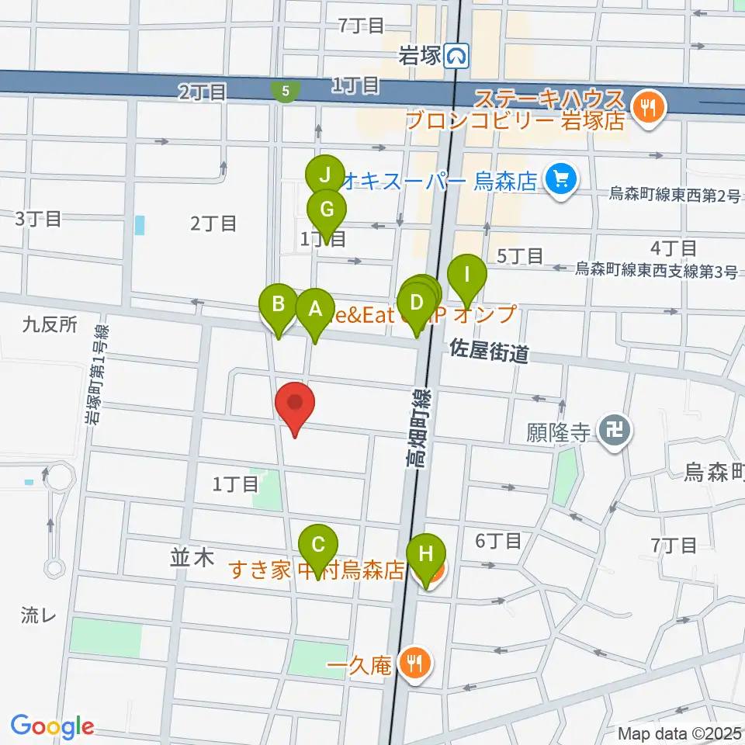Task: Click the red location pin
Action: [x=296, y=407]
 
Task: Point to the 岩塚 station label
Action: [x=419, y=55]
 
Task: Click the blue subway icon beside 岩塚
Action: [x=459, y=55]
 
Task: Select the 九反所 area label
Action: [x=50, y=324]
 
